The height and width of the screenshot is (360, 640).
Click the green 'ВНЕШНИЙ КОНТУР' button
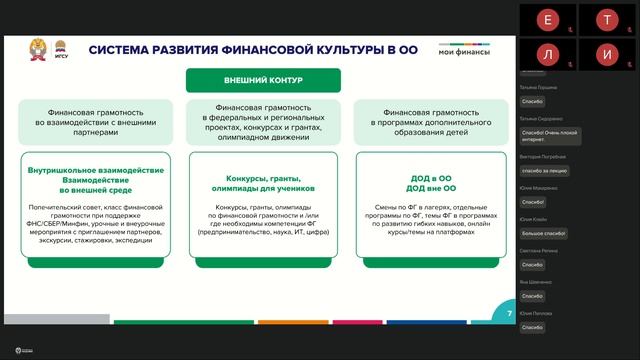(263, 80)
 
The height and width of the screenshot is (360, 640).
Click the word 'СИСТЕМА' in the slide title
(124, 49)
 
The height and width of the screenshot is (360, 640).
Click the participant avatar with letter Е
(546, 19)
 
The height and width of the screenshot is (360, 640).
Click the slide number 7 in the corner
(509, 314)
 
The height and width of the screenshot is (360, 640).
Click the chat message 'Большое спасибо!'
(544, 232)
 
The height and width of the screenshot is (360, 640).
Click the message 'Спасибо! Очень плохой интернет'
(548, 136)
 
